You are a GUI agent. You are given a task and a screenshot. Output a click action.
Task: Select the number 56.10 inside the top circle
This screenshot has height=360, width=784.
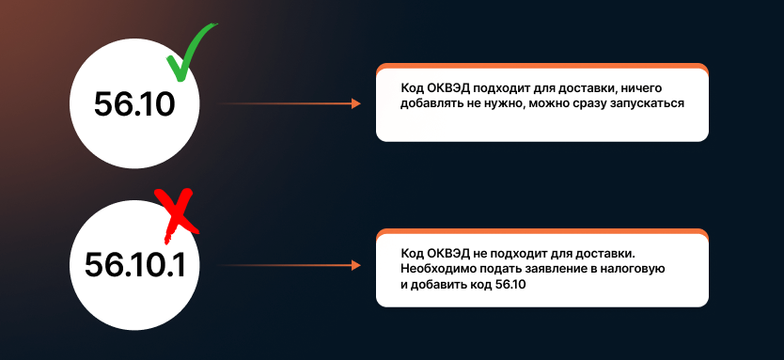click(134, 103)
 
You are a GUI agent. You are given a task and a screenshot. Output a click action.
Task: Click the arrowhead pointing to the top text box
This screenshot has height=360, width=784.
click(355, 103)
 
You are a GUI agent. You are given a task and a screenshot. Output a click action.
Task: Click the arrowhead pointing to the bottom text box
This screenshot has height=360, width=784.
click(355, 266)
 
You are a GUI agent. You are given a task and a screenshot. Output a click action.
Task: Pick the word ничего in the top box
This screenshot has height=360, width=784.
click(643, 87)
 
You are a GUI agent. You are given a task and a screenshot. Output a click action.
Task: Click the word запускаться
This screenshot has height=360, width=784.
click(649, 103)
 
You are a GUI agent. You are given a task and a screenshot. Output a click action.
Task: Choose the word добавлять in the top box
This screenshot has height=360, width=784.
click(431, 103)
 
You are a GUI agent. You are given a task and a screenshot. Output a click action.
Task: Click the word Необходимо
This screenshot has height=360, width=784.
click(437, 269)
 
